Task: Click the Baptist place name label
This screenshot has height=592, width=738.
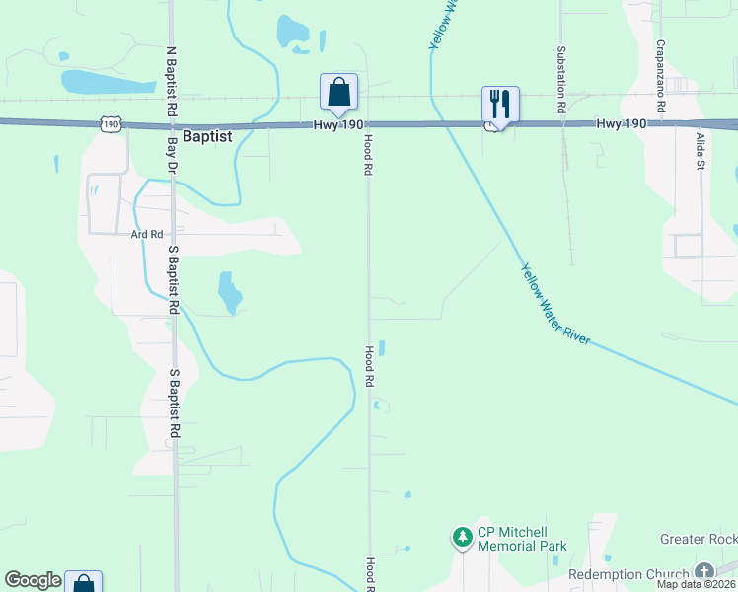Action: pyautogui.click(x=206, y=137)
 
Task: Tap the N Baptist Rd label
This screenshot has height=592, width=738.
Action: pyautogui.click(x=171, y=81)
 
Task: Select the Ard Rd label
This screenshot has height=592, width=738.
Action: pyautogui.click(x=146, y=234)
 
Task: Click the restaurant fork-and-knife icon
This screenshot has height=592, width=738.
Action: pyautogui.click(x=500, y=104)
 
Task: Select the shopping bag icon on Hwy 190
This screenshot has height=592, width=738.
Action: pyautogui.click(x=338, y=92)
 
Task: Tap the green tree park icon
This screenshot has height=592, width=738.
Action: pyautogui.click(x=462, y=538)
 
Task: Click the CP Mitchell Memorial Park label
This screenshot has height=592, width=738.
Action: pyautogui.click(x=522, y=539)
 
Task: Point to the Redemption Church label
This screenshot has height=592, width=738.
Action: pyautogui.click(x=628, y=574)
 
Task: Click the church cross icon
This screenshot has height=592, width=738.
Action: pyautogui.click(x=704, y=571)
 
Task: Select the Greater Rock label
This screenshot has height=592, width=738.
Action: pyautogui.click(x=698, y=539)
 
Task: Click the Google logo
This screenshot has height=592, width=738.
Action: pyautogui.click(x=33, y=580)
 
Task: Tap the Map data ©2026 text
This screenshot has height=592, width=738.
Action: pyautogui.click(x=697, y=584)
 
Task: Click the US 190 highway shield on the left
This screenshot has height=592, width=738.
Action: pyautogui.click(x=110, y=123)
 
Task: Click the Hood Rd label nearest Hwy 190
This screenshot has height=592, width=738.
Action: pyautogui.click(x=367, y=155)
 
